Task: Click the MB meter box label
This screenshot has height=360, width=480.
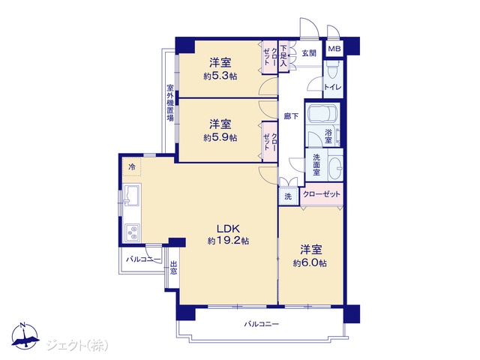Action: (x=334, y=49)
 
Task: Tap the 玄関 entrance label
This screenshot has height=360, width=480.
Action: (x=309, y=53)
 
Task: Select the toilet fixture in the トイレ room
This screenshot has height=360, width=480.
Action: (x=333, y=71)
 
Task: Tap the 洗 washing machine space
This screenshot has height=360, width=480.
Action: (x=288, y=196)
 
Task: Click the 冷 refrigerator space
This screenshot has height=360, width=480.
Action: (x=132, y=166)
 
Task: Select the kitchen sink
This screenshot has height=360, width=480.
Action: (x=132, y=195)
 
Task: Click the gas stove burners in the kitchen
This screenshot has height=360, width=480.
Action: (x=133, y=232)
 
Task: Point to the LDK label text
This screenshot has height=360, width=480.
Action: (x=228, y=228)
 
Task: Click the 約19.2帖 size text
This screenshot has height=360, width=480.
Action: (x=228, y=241)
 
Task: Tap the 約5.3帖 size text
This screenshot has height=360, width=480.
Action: (x=220, y=76)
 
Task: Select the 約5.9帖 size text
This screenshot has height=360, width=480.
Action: (x=220, y=137)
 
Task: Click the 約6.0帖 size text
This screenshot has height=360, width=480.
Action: (x=310, y=263)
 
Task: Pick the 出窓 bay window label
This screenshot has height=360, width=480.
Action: (x=173, y=267)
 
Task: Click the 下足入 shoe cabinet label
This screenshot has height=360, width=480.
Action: (x=283, y=56)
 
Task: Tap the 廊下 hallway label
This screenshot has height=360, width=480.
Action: (x=291, y=116)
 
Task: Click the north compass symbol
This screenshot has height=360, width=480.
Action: (x=25, y=336)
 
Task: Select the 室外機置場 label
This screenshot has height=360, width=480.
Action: (x=170, y=103)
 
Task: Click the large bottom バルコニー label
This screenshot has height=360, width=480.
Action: (x=262, y=324)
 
